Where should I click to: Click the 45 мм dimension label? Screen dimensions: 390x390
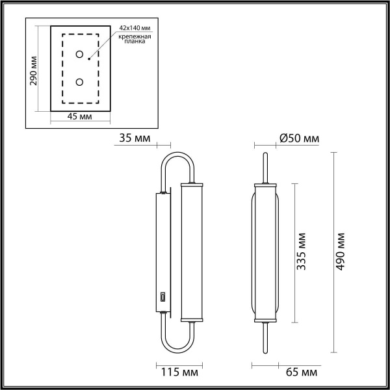point(79,116)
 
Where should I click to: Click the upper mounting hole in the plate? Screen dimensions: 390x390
point(79,55)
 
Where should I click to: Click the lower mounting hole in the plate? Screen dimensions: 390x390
point(79,82)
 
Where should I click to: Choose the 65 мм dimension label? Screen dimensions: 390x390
point(302,372)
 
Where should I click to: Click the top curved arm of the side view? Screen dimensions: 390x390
point(177,159)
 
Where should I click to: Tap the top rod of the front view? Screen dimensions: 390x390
point(265,168)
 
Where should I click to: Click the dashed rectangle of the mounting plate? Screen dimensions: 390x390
point(63,68)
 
